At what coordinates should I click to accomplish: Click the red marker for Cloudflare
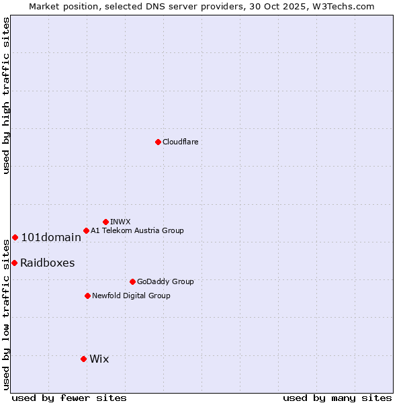[158, 142]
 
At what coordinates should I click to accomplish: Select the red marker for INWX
[105, 222]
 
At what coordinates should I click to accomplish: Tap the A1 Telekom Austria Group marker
[86, 230]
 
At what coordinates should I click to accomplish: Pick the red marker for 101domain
[15, 237]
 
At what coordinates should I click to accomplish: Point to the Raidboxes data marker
[14, 263]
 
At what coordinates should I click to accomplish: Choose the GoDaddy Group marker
[132, 281]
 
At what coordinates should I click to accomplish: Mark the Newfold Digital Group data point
[87, 296]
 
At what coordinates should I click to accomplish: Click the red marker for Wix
[83, 359]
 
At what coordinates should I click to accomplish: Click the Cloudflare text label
[180, 142]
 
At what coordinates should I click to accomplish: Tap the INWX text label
[120, 222]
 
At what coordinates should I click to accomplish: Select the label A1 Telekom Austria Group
[137, 230]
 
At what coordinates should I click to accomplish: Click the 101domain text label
[51, 237]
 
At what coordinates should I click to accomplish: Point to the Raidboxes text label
[47, 263]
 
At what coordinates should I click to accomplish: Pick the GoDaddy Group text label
[165, 281]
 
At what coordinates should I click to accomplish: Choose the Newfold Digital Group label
[131, 296]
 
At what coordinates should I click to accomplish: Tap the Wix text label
[99, 359]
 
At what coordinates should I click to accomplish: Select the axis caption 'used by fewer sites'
[69, 398]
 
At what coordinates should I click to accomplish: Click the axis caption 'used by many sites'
[337, 398]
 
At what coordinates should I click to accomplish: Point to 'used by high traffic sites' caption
[6, 95]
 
